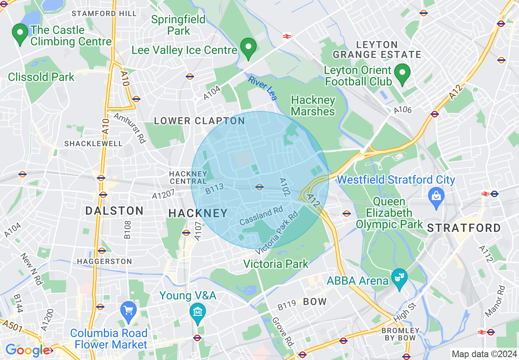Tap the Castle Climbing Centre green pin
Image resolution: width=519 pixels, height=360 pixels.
point(19,34)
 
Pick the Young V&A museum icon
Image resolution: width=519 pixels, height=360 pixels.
point(199,312)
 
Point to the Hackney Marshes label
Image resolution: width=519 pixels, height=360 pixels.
point(313,106)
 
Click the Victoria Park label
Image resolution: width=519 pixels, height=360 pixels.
point(275,264)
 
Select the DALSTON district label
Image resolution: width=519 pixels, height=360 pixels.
point(114,211)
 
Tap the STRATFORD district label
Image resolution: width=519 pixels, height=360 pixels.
point(464,228)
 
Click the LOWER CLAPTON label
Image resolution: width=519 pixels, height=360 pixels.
point(199,121)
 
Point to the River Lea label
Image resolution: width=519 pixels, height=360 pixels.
point(263,88)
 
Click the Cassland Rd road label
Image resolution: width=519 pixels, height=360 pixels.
point(261,216)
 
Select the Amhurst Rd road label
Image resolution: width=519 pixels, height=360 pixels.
point(130,128)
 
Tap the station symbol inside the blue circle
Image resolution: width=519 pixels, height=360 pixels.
point(259,187)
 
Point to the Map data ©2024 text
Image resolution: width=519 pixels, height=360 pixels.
point(483,353)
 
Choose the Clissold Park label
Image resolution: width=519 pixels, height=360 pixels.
point(41,77)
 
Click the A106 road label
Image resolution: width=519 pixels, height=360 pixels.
point(403,110)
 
